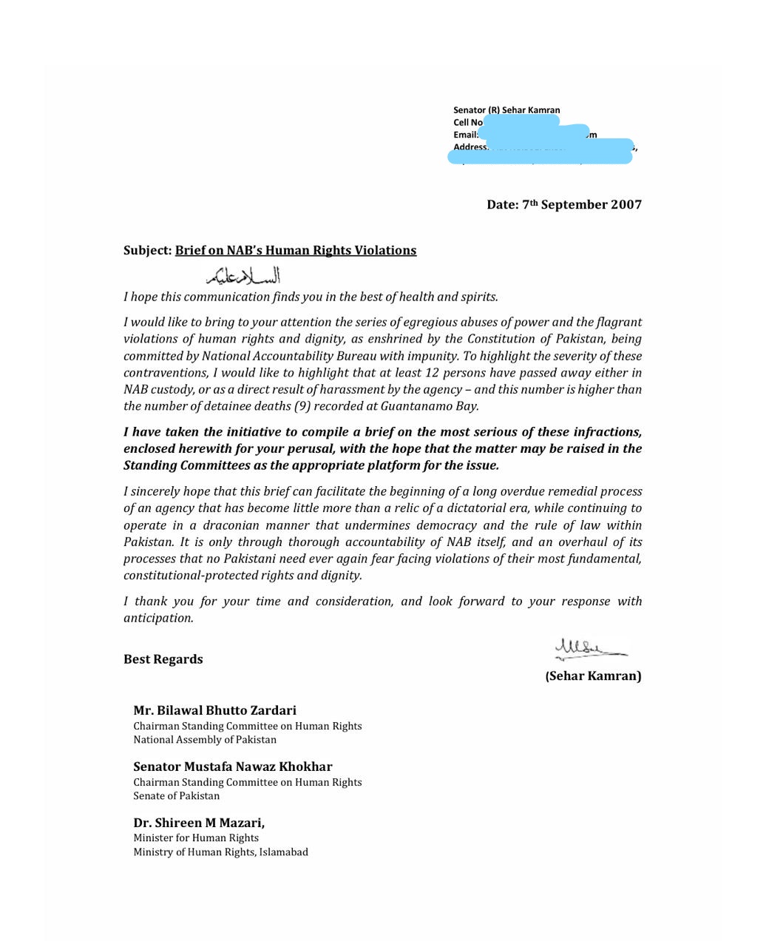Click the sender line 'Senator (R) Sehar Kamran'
[506, 110]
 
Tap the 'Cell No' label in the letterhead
[467, 123]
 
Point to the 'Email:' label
[465, 135]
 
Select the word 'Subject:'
[147, 251]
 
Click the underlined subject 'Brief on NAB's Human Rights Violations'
[295, 251]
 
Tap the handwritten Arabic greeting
[244, 276]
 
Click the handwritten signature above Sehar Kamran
[589, 650]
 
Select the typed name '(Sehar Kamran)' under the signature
[593, 675]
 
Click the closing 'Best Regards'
[163, 659]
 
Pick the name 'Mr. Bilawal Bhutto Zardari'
[214, 710]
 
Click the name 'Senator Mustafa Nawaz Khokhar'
[232, 766]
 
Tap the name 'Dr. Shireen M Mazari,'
[199, 823]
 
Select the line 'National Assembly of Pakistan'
[205, 739]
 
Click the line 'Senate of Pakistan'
[176, 796]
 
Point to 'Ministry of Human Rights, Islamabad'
[220, 852]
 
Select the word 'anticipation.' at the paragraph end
[158, 618]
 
